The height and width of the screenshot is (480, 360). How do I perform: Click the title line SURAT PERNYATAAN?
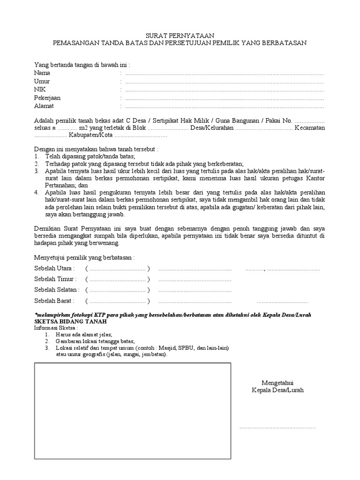coord(180,35)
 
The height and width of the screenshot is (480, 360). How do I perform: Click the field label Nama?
coord(42,73)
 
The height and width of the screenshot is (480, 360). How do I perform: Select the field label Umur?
coord(42,82)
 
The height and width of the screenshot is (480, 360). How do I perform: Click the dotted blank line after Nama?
coord(224,74)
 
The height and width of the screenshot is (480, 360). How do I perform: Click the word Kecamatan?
coord(310,128)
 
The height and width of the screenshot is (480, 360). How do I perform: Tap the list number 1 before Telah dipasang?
coord(37,156)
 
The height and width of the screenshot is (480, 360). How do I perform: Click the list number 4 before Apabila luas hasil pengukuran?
coord(37,193)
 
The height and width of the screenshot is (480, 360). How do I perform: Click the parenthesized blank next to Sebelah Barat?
coord(117,301)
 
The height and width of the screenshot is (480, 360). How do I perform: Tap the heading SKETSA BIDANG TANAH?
coord(71,322)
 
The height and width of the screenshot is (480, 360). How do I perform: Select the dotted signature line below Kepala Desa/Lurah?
coord(277,428)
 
